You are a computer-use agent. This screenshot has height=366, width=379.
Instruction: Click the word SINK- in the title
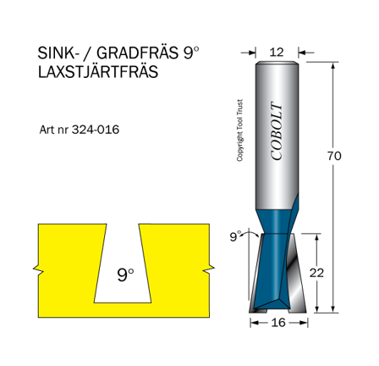coord(58,53)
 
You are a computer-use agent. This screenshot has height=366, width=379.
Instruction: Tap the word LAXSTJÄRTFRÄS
coord(98,72)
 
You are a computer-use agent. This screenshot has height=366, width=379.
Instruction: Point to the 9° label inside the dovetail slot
coord(125,274)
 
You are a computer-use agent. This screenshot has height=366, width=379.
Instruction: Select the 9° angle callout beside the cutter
coord(235,236)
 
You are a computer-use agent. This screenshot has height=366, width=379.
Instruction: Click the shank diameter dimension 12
coord(276,53)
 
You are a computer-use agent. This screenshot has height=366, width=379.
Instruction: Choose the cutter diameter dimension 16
coord(276,323)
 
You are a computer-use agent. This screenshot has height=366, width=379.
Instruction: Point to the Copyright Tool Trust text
coord(239,131)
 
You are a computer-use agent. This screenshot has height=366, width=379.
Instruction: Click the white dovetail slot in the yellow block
coord(124,254)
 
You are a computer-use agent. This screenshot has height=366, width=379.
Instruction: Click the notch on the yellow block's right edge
coord(207,271)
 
